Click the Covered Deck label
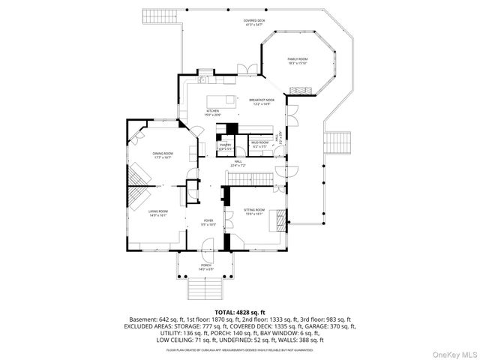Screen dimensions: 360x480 point(254,22)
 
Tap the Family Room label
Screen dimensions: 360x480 point(297,61)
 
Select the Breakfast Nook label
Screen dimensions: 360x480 point(262,102)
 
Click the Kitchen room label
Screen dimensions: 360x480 point(213,112)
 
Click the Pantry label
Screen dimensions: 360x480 point(225,147)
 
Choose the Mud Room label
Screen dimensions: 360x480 point(260,143)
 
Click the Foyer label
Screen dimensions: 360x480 point(208,223)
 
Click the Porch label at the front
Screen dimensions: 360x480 point(206,266)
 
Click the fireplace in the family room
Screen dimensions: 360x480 point(301,90)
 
